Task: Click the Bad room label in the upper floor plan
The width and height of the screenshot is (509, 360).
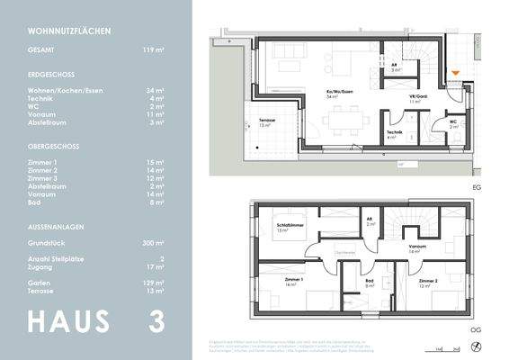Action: [369, 283]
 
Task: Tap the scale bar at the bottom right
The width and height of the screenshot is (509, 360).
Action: [442, 346]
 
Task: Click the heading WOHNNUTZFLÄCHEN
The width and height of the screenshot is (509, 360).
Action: [69, 31]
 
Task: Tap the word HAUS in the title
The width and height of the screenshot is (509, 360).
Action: [69, 320]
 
